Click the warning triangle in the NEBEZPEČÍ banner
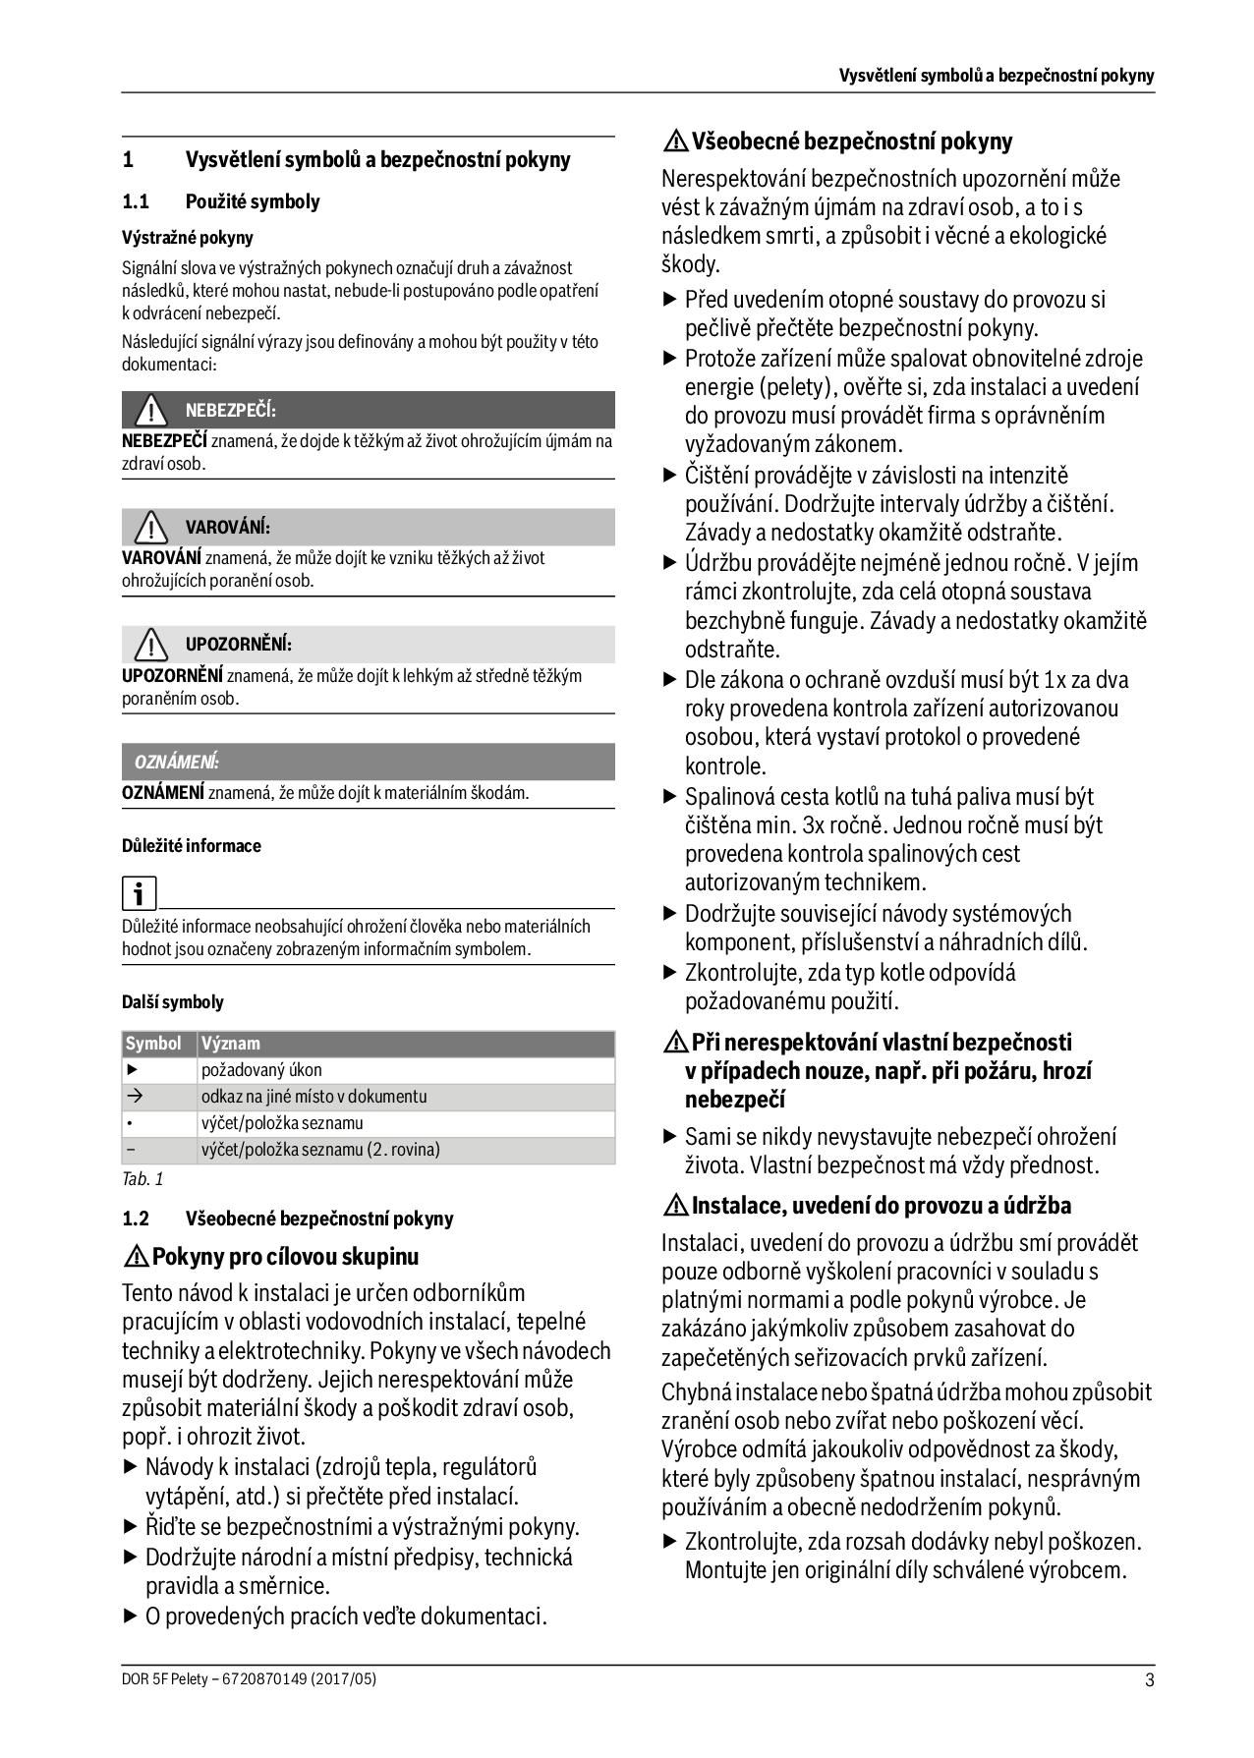pos(151,410)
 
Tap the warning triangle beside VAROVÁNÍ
pos(151,528)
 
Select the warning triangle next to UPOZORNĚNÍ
pos(151,645)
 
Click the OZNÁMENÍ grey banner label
pos(176,762)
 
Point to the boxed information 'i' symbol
pos(139,893)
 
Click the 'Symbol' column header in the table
pos(153,1044)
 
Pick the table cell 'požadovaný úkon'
pos(261,1070)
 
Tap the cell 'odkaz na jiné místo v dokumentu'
pos(313,1097)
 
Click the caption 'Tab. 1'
pos(142,1178)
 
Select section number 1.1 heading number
pos(136,202)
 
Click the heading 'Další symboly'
pos(172,1002)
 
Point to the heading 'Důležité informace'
pos(191,846)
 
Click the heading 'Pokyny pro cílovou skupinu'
pos(285,1257)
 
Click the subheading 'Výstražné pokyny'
pos(187,238)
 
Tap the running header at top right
pos(996,76)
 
